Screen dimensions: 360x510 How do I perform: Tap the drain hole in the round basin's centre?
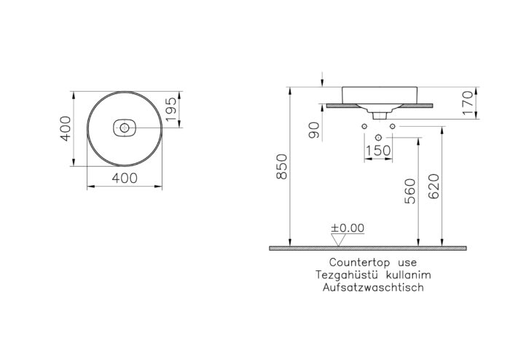[x=125, y=129]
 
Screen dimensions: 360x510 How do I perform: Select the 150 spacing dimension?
[x=379, y=149]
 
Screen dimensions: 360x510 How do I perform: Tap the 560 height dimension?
[x=409, y=191]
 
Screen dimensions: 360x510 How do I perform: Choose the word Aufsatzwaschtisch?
[x=372, y=288]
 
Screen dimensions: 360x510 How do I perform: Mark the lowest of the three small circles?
[x=379, y=138]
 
